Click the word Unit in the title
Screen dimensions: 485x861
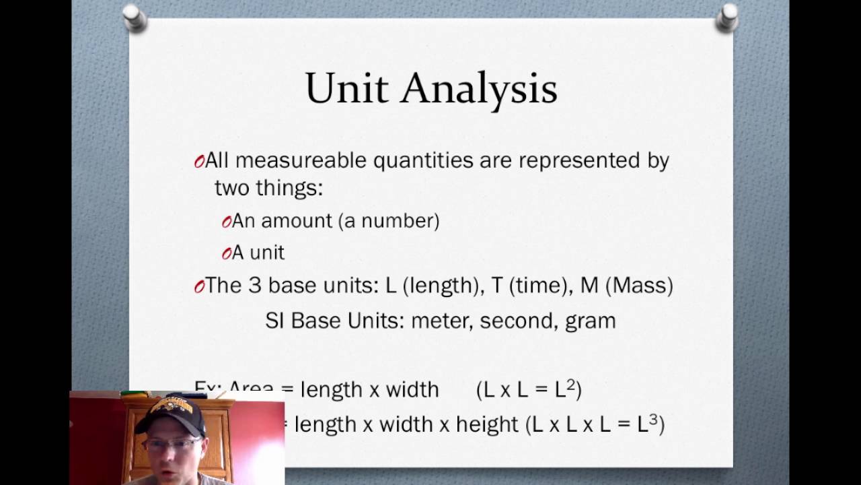point(346,89)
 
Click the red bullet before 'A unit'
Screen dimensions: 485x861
point(226,253)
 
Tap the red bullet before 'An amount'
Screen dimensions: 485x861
point(226,222)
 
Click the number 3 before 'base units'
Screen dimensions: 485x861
point(254,285)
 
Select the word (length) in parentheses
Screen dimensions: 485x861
point(441,285)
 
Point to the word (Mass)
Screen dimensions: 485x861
point(639,285)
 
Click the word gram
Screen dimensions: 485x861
point(590,321)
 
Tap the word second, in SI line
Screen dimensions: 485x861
point(517,320)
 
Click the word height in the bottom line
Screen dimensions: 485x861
point(487,424)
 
